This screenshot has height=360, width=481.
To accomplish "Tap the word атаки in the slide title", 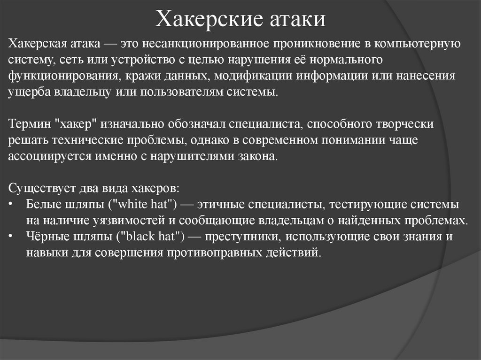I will (299, 19).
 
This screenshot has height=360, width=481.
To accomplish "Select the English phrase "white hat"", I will (147, 204).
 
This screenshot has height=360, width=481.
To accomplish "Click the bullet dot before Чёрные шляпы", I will (11, 237).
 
